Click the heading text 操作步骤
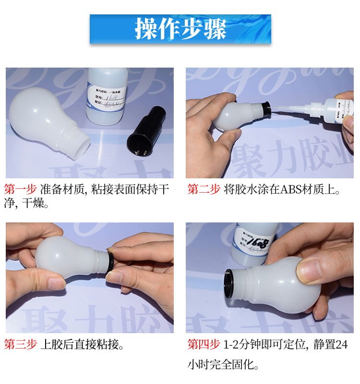pos(180,29)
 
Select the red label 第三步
pos(20,344)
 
